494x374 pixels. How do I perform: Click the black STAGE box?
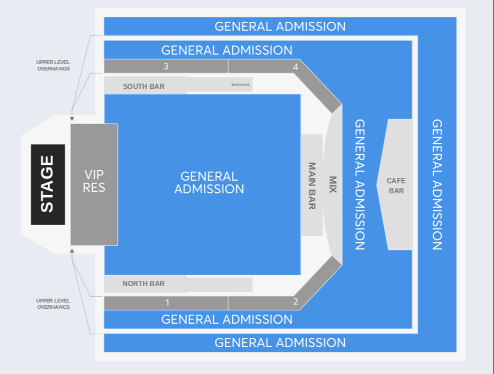click(x=48, y=185)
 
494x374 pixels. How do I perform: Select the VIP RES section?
click(x=94, y=185)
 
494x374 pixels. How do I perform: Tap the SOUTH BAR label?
click(x=144, y=86)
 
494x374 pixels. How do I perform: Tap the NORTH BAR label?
click(x=144, y=284)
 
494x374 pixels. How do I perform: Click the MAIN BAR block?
click(x=311, y=185)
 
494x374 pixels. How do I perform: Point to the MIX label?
click(x=333, y=185)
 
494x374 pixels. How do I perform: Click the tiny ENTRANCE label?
click(x=240, y=85)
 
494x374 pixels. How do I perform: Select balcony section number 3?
click(x=166, y=66)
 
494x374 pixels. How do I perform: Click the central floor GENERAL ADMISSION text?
click(x=209, y=183)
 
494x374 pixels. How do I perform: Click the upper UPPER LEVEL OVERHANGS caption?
click(x=53, y=65)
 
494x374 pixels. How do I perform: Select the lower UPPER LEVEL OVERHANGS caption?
click(x=53, y=303)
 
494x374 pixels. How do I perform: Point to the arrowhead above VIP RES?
click(x=72, y=119)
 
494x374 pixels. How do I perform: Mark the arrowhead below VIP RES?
click(x=72, y=250)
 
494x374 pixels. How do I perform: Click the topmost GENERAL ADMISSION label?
click(x=280, y=27)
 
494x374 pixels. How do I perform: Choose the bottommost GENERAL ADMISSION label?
click(x=280, y=343)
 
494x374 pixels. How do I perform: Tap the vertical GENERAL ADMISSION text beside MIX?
click(x=360, y=185)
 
